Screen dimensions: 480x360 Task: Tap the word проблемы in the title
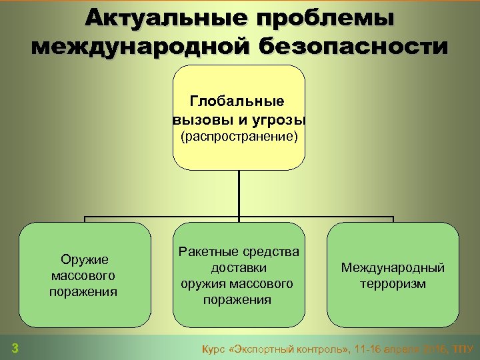pos(324,18)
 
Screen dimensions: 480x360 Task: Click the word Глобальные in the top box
pos(237,101)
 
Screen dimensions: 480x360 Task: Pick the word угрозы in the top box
pos(279,120)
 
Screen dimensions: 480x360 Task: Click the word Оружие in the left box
pos(84,259)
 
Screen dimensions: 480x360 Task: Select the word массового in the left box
pos(83,275)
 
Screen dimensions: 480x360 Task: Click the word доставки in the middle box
pos(239,267)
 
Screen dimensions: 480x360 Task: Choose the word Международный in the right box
pos(393,268)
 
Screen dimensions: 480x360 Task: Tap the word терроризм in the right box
pos(393,284)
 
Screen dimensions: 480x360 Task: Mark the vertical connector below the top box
pos(239,193)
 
